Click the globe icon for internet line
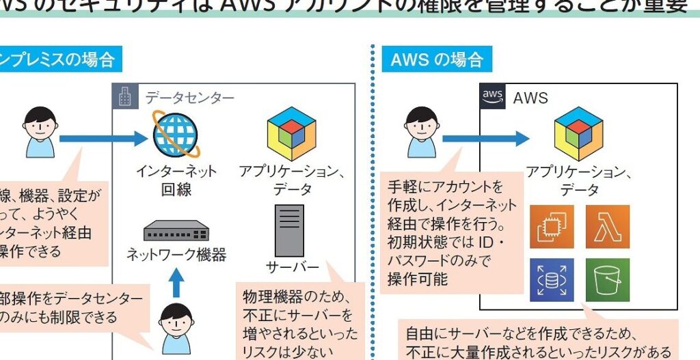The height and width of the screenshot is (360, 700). [174, 135]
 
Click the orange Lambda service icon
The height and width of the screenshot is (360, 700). [607, 227]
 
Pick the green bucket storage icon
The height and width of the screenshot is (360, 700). [607, 279]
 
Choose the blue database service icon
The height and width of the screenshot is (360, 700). [552, 279]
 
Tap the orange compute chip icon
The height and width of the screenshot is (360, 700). [552, 227]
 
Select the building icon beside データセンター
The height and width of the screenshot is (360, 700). [124, 97]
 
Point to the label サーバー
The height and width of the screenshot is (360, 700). [291, 266]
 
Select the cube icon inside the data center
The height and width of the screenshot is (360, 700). [291, 133]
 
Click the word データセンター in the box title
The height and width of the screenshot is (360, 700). [189, 98]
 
